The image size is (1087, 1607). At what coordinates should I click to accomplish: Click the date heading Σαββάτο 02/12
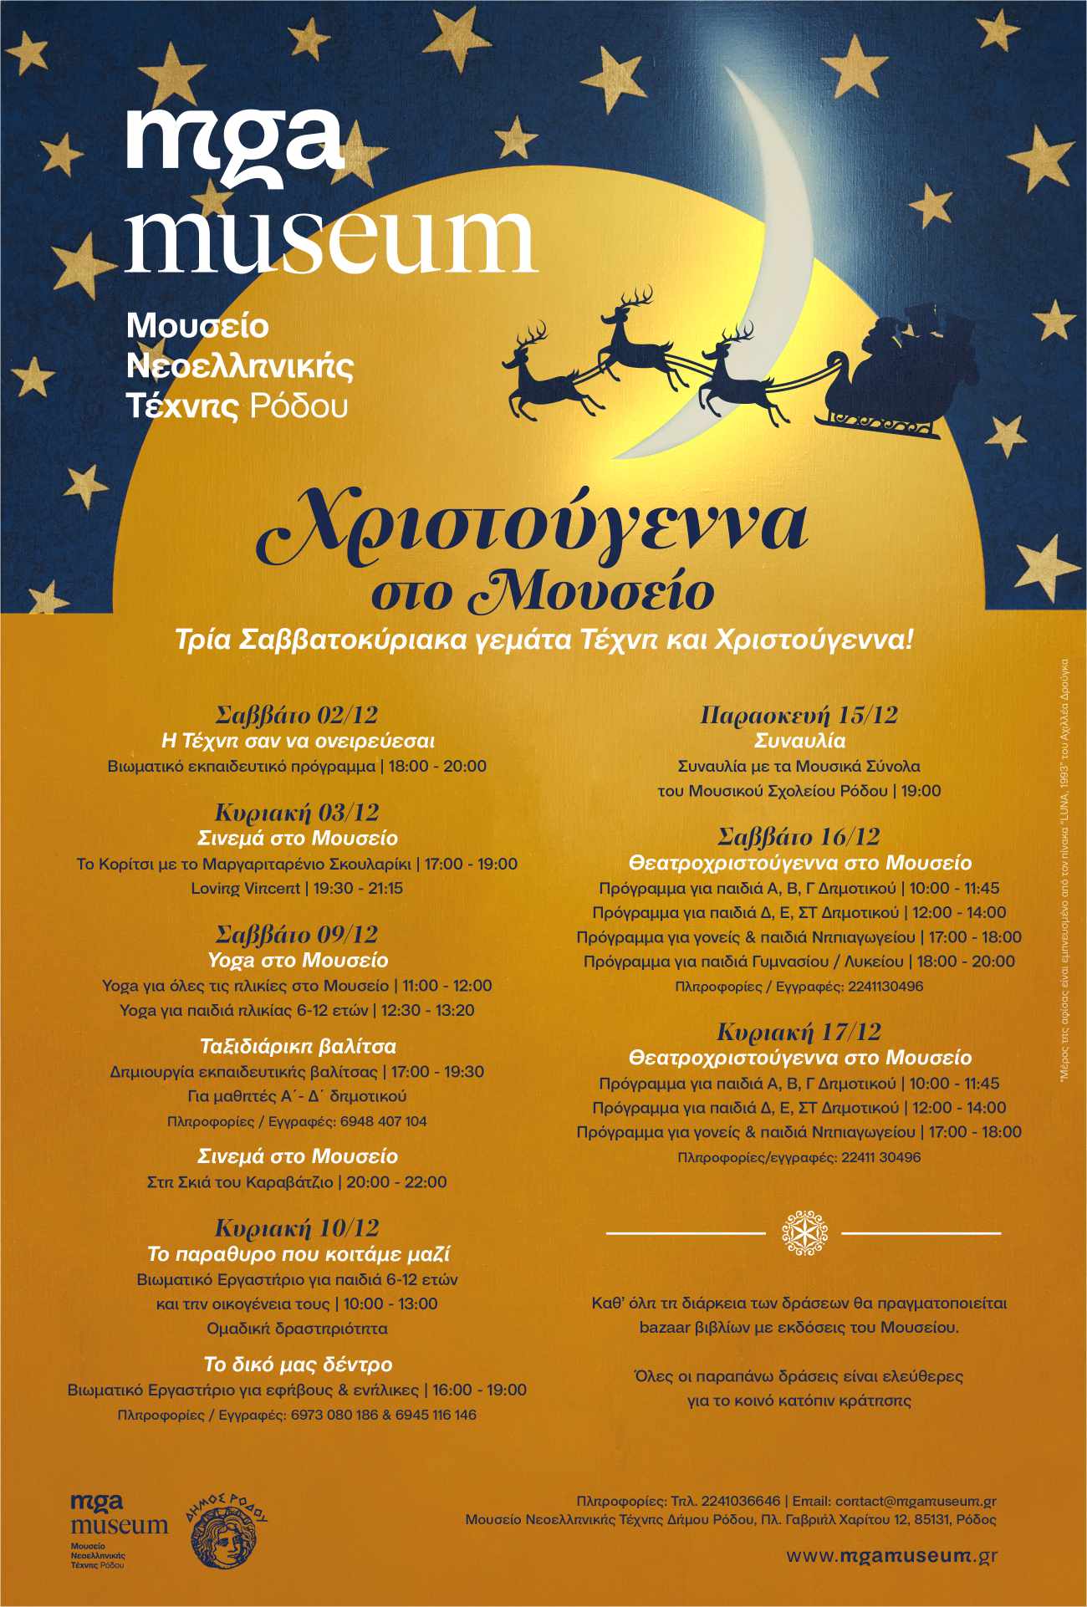point(297,716)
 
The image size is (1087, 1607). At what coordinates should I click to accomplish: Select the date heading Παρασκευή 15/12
point(799,716)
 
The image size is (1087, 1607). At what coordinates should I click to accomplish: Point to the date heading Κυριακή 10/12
point(297,1228)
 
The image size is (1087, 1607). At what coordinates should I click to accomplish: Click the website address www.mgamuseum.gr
point(891,1556)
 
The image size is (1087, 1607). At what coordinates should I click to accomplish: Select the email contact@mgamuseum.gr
point(916,1501)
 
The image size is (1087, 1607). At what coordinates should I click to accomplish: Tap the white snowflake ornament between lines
point(804,1232)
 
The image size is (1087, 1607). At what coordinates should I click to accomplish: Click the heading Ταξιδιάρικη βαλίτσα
point(298,1046)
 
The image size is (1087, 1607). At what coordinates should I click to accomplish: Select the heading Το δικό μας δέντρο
point(298,1365)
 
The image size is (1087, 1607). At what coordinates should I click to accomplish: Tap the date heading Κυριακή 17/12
point(799,1032)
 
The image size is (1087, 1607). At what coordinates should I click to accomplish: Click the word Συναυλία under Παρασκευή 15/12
point(799,741)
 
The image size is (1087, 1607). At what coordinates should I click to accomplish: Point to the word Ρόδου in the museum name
point(299,406)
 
